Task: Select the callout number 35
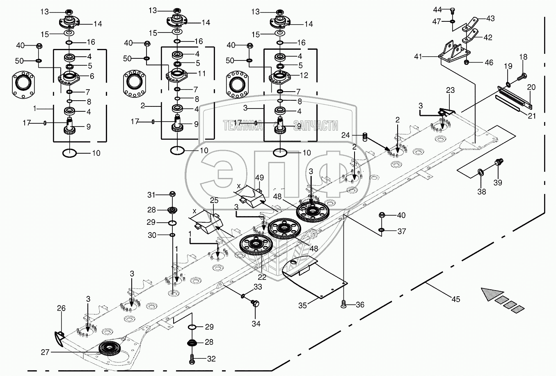(302, 305)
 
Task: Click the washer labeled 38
(480, 171)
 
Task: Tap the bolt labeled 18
(522, 76)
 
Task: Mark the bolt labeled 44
(452, 10)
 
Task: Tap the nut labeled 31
(172, 194)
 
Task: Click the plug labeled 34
(255, 304)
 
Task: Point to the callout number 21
(532, 116)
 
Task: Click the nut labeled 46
(467, 62)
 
